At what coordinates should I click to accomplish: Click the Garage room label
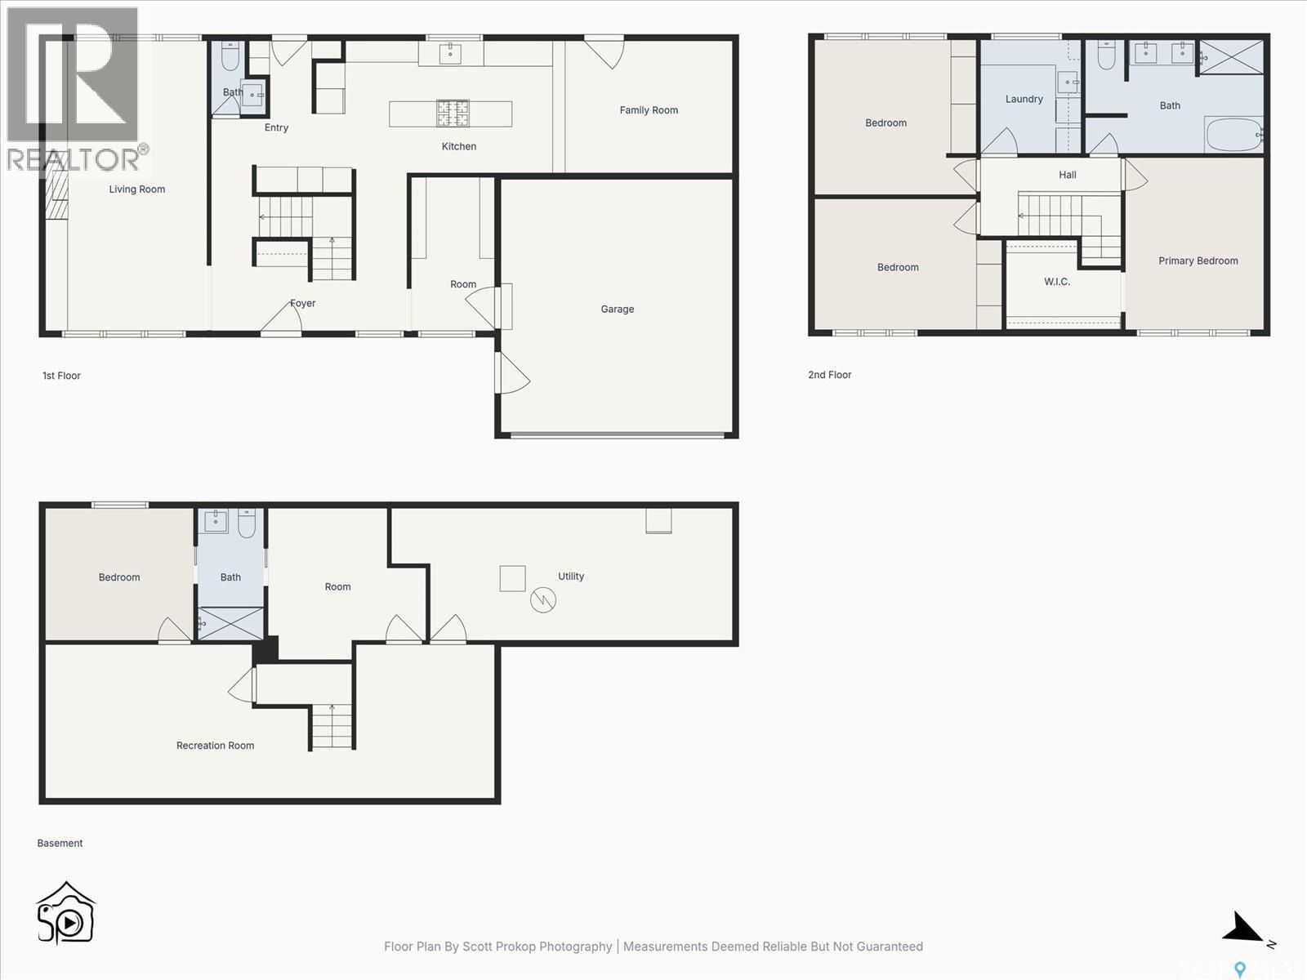(x=617, y=309)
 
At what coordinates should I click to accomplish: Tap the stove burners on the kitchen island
(x=453, y=114)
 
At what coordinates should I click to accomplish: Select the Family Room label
(x=649, y=110)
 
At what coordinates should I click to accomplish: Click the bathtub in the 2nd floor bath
(x=1233, y=135)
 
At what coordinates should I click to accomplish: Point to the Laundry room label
(x=1024, y=99)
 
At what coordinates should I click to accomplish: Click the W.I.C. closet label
(x=1056, y=282)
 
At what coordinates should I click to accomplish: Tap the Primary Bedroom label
(x=1198, y=261)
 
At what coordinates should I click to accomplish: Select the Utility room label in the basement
(x=571, y=576)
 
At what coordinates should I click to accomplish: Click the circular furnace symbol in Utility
(x=543, y=600)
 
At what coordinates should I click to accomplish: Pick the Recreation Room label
(x=215, y=745)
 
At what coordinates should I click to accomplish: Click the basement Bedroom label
(x=119, y=577)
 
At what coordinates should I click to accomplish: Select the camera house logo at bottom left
(x=65, y=915)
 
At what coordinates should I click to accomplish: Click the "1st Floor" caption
(x=61, y=376)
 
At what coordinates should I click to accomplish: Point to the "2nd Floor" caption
(x=829, y=375)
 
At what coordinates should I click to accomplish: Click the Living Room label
(x=137, y=189)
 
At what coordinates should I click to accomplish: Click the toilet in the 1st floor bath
(x=230, y=57)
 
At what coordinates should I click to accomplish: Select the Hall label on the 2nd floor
(x=1067, y=175)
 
